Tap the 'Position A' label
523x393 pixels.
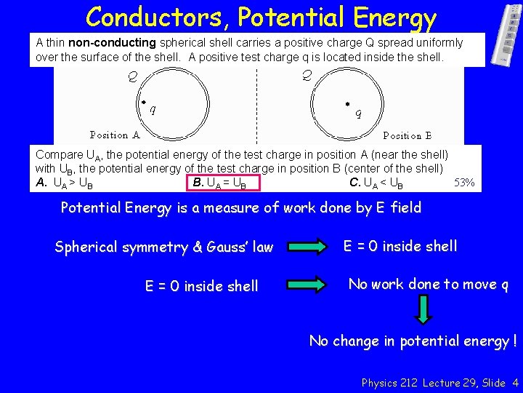click(115, 135)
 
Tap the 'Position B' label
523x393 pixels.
click(408, 135)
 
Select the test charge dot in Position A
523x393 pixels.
click(143, 103)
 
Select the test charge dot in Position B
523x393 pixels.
click(347, 103)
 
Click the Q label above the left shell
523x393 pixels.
click(133, 75)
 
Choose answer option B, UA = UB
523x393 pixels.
click(219, 183)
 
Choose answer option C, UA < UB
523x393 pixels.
click(376, 183)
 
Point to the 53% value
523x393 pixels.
click(464, 183)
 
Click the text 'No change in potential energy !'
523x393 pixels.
click(413, 341)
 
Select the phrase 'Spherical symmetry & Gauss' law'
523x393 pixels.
click(164, 247)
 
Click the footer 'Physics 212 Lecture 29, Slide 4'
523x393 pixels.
click(439, 382)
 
